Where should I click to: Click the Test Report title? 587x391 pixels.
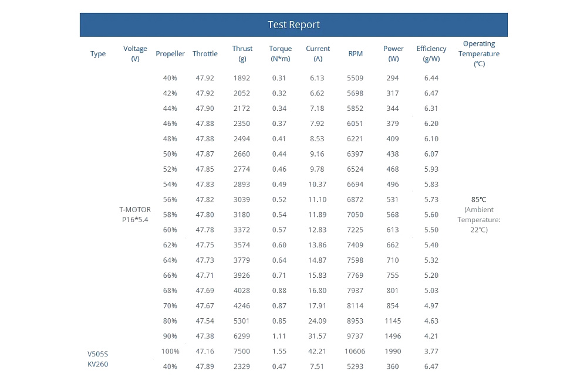point(293,25)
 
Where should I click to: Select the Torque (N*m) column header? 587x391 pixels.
point(280,53)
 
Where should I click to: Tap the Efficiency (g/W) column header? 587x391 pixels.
point(431,53)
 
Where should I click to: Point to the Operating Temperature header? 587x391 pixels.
point(479,53)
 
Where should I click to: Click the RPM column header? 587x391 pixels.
point(355,53)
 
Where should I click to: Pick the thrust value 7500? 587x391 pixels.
point(241,351)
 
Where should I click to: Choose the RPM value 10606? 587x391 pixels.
point(355,351)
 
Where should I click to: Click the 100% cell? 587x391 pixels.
point(170,351)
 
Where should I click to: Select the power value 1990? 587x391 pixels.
point(393,351)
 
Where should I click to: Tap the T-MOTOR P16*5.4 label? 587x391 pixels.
point(135,215)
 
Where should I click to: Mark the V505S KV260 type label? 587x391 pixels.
point(97,359)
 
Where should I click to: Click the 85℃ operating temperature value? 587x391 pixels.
point(479,200)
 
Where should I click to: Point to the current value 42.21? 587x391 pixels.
point(317,351)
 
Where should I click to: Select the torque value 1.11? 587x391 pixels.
point(279,336)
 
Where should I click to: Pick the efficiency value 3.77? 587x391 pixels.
point(431,351)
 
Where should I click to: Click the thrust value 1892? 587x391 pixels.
point(241,78)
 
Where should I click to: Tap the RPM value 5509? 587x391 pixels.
point(355,78)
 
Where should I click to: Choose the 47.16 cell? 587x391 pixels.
point(205,351)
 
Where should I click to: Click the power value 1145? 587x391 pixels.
point(393,321)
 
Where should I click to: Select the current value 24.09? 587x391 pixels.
point(317,321)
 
